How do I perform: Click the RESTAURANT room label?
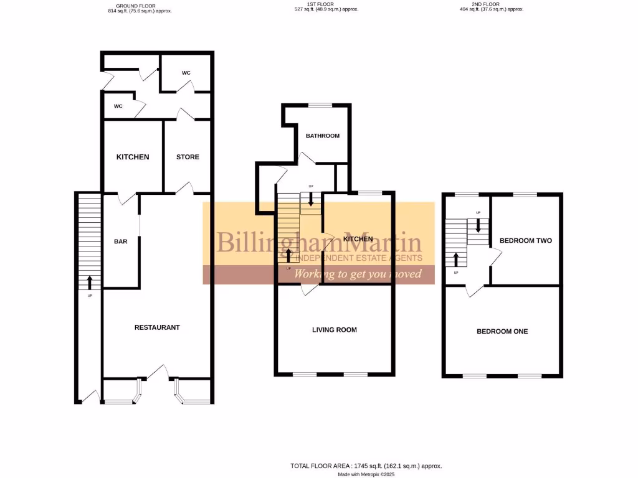[157, 327]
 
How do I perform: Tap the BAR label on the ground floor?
[121, 241]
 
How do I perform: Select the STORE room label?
[188, 157]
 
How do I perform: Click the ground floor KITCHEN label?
[133, 157]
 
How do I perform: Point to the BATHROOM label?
[322, 136]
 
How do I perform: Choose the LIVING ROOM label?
[335, 330]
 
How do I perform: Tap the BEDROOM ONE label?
[502, 331]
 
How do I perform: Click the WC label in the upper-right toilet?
[186, 73]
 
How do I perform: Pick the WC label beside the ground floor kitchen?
[118, 106]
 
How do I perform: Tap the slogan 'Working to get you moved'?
[358, 274]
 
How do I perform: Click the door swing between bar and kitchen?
[128, 199]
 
